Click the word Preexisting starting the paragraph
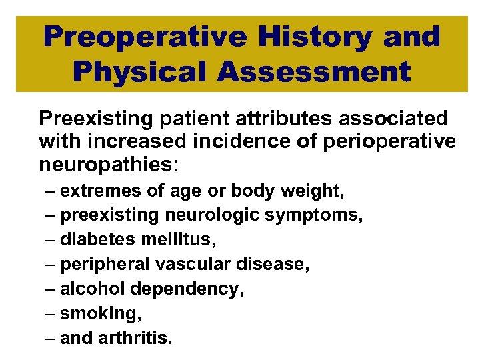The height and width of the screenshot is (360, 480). [x=88, y=119]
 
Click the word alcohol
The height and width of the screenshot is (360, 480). [x=89, y=289]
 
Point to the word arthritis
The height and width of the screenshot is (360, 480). [x=137, y=337]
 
